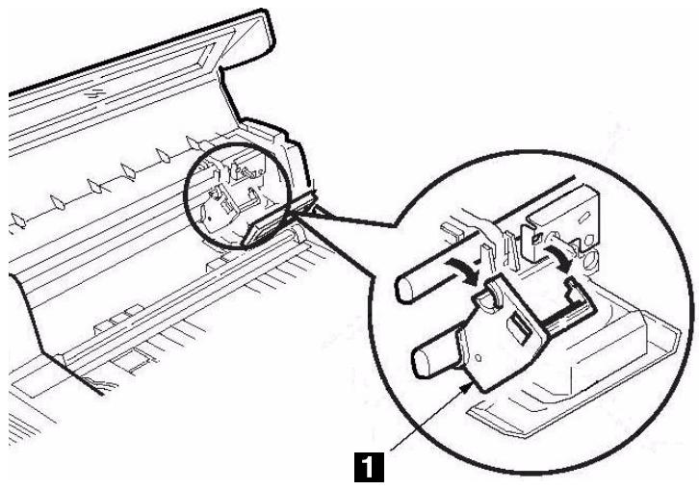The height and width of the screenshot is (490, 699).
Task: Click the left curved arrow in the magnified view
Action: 461,268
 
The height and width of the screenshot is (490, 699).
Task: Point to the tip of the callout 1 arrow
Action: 471,382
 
